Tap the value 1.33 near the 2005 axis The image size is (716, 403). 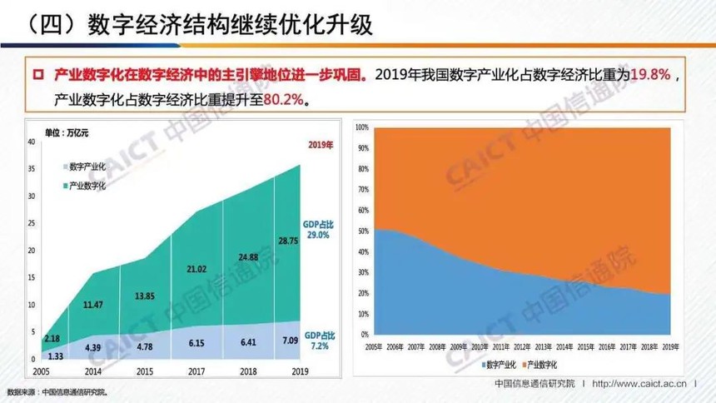tap(55, 355)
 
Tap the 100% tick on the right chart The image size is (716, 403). tap(361, 127)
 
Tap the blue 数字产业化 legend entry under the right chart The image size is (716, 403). tap(500, 362)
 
